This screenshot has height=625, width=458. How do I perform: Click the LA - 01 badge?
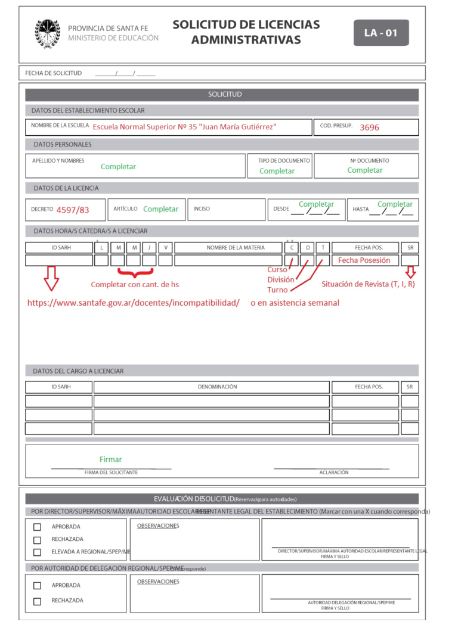pos(381,33)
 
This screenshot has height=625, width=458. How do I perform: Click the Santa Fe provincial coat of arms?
pos(48,33)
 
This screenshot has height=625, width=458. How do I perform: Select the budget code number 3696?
pos(369,128)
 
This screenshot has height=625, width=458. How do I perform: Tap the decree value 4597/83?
pos(73,210)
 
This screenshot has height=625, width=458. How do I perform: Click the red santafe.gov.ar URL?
pos(134,303)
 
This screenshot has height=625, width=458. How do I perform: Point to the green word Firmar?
pos(110,459)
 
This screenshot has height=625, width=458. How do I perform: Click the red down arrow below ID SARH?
pos(52,278)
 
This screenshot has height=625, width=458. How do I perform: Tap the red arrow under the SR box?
pos(410,272)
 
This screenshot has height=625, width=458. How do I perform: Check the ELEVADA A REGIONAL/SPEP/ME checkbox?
pos(37,552)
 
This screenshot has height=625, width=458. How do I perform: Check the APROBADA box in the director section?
pos(37,527)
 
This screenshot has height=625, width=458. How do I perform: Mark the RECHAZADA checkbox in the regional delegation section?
pos(37,601)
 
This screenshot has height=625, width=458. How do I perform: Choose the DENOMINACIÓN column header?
pos(217,387)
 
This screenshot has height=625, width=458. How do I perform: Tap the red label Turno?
pos(277,290)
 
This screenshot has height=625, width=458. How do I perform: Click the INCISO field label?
pos(202,209)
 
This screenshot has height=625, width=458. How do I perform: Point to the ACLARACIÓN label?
pos(334,472)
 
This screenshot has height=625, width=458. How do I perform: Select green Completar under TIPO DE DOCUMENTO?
pos(277,171)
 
